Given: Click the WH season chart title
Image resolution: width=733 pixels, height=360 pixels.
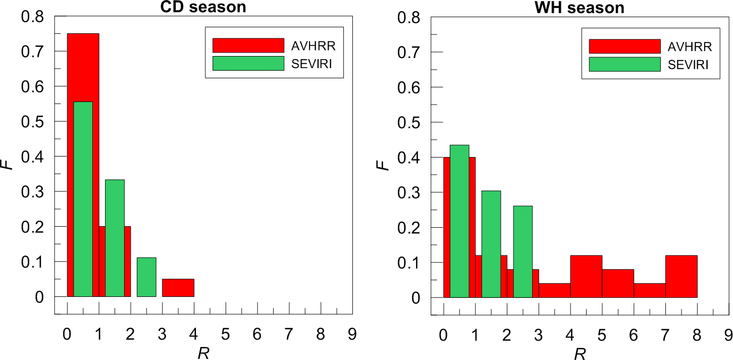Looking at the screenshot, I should pyautogui.click(x=580, y=8).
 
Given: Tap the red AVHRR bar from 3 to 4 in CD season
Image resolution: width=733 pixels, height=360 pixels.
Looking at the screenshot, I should pyautogui.click(x=178, y=288).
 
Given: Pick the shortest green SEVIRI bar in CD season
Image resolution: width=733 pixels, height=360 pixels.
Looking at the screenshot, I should pyautogui.click(x=146, y=277).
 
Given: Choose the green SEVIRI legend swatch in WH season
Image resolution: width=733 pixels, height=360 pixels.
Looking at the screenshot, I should pyautogui.click(x=624, y=64).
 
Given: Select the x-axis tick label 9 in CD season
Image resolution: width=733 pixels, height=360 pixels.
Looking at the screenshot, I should pyautogui.click(x=352, y=334).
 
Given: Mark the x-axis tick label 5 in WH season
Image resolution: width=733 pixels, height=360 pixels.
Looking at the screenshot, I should pyautogui.click(x=602, y=334).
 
